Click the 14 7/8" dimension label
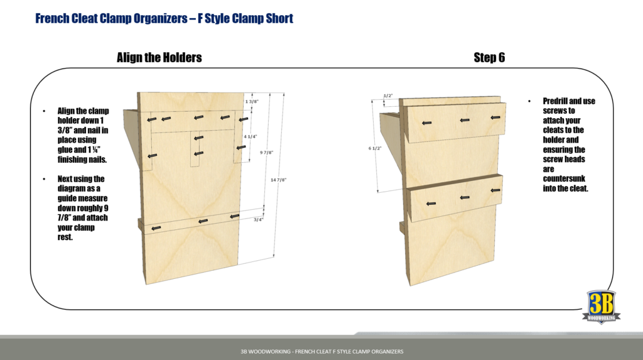278,180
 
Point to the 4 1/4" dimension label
250,136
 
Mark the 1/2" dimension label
387,96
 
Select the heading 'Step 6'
489,58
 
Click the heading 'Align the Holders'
159,58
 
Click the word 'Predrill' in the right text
556,101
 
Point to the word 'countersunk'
563,178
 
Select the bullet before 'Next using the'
44,179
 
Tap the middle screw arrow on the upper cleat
465,119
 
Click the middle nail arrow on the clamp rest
202,221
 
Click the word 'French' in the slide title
53,18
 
